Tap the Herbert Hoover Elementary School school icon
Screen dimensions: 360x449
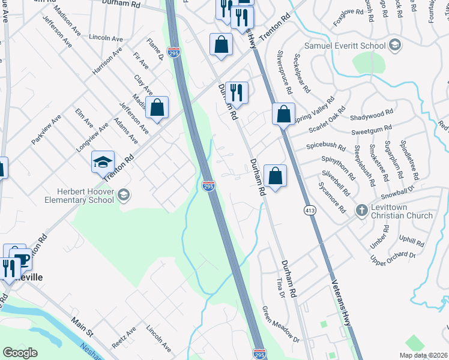point(123,193)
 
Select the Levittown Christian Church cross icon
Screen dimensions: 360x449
point(361,210)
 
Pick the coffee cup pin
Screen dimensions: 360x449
point(22,259)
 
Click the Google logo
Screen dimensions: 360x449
point(20,353)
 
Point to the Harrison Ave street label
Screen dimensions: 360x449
point(106,62)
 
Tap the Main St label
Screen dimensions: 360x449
point(82,328)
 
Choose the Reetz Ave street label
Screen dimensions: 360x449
point(124,338)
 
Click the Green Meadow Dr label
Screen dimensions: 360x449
point(280,325)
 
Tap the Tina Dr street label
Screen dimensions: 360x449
point(279,287)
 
